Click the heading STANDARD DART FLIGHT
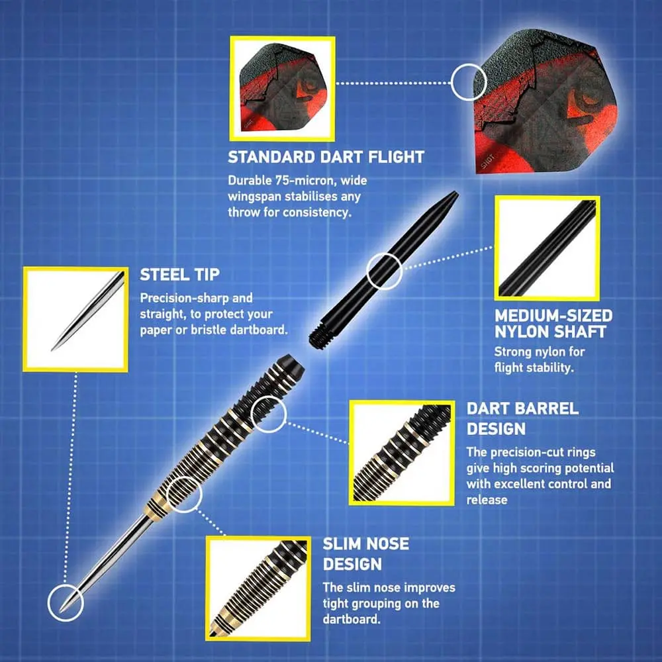coord(326,157)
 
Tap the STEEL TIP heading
coord(179,275)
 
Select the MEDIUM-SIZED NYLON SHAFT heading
coord(553,324)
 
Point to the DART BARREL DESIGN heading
coord(522,418)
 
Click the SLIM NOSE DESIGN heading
coord(365,553)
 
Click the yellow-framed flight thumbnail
coord(283,89)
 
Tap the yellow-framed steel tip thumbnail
coord(75,319)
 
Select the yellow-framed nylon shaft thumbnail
coord(547,248)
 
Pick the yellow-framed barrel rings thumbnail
coord(402,453)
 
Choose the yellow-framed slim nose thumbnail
coord(258,588)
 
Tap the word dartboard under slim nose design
coord(352,619)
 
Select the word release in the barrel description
coord(487,500)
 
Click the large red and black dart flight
coord(545,101)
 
